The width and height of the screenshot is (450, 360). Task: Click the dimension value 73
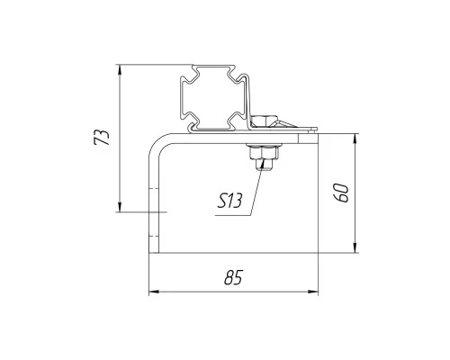click(102, 138)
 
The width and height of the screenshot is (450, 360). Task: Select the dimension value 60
click(342, 193)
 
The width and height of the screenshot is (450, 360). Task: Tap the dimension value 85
click(233, 277)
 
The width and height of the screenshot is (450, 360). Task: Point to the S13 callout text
click(229, 201)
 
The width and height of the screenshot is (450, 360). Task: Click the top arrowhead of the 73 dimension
click(120, 70)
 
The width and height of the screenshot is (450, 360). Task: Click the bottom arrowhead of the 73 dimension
click(120, 207)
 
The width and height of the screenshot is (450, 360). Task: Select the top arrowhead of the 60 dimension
click(355, 139)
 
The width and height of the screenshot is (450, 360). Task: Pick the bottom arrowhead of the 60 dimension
click(355, 247)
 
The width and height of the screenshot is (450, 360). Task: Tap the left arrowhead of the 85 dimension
click(154, 292)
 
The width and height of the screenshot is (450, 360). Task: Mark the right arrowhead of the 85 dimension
click(313, 292)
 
